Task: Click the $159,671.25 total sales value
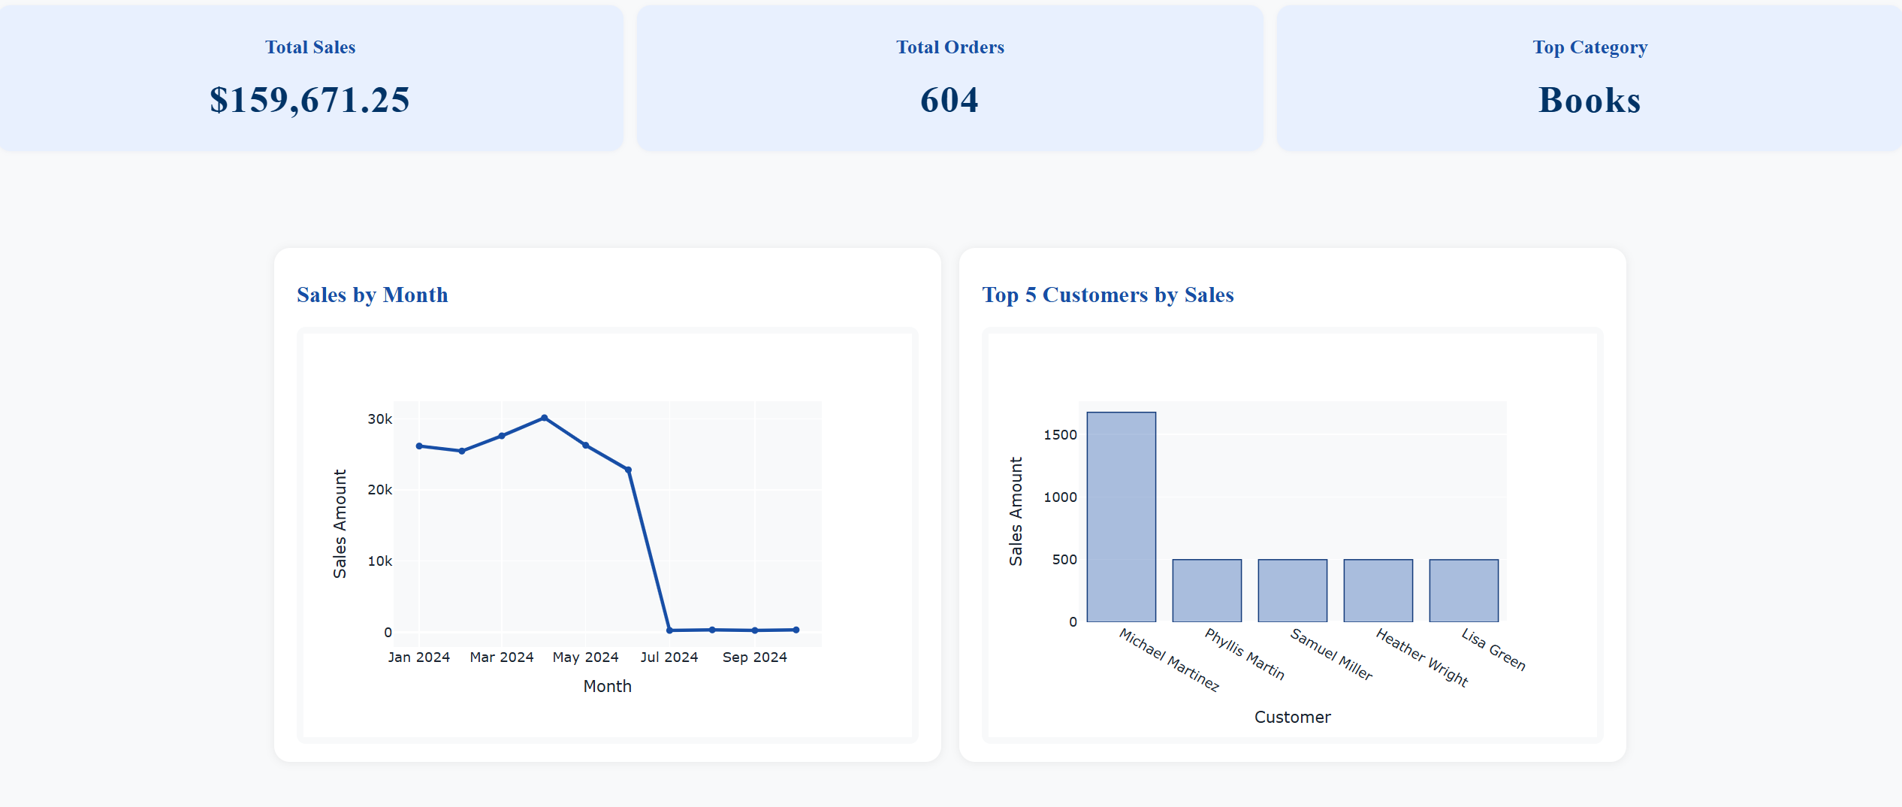tap(309, 100)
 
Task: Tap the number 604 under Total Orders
tap(949, 100)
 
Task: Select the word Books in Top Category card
tap(1590, 100)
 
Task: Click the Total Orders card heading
tap(949, 47)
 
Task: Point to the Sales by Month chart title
tap(373, 295)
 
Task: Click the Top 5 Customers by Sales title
tap(1107, 295)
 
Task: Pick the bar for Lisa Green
tap(1463, 591)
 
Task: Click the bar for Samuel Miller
tap(1292, 591)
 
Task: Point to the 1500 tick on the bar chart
tap(1060, 435)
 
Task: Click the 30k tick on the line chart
tap(379, 419)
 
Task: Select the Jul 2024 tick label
tap(669, 657)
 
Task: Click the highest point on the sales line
tap(544, 418)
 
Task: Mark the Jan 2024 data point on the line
tap(419, 446)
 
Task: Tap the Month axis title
tap(607, 686)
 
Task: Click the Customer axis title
tap(1292, 717)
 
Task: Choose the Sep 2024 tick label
tap(754, 657)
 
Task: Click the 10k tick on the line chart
tap(379, 561)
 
